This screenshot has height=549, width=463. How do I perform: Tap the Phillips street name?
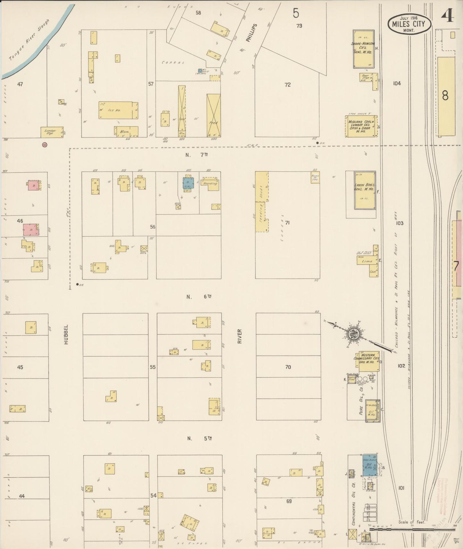click(252, 33)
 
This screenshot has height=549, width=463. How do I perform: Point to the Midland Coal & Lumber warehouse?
click(361, 126)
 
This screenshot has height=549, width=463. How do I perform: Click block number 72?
click(287, 85)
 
